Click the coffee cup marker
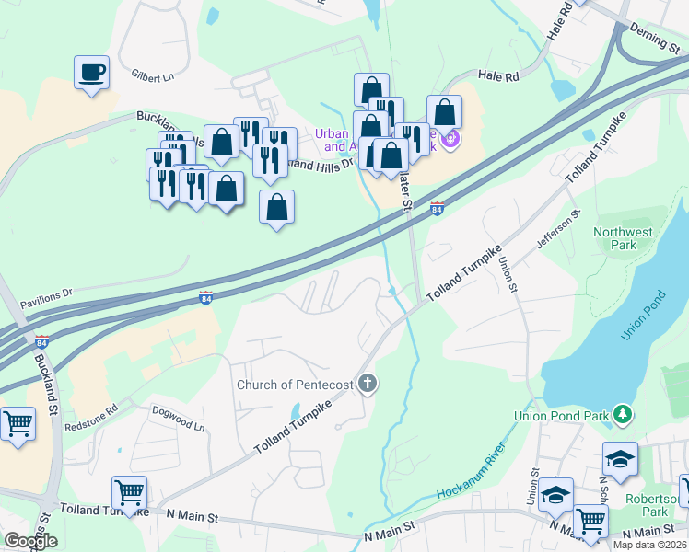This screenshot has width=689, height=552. pos(91,73)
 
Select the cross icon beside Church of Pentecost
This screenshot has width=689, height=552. pos(368,383)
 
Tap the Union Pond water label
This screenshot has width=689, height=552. pos(643,316)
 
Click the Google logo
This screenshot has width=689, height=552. pos(30,541)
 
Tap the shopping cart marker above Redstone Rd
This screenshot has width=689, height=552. pos(18,425)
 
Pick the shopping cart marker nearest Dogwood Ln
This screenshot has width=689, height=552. pos(129,493)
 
